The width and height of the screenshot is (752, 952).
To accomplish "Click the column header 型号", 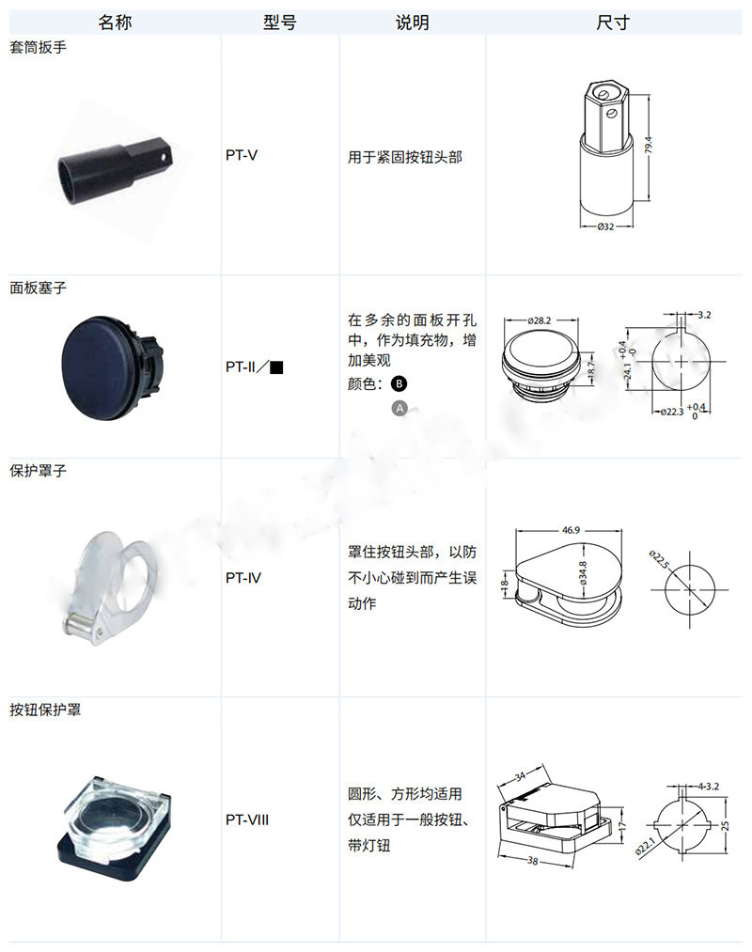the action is coord(279,23).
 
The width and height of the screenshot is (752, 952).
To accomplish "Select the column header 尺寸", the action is coord(612,23).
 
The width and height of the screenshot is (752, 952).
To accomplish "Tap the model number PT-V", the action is coord(242,155).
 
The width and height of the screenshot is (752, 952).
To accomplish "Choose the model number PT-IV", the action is coord(243,577).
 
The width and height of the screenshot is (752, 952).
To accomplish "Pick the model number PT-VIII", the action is coord(246,819).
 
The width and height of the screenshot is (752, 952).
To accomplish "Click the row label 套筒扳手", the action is coord(38,47).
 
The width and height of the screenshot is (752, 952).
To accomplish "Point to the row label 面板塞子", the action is coord(38,288).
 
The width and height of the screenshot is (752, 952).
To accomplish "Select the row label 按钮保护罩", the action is coord(45,710).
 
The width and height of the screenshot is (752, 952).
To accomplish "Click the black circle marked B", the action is coord(399,383).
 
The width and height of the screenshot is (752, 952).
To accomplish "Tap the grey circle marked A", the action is coord(399,409).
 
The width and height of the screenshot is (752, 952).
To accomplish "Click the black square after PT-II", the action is coord(276,367).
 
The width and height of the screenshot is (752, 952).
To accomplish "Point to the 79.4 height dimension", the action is coord(648,146).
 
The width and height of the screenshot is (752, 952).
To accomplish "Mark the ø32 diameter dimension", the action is coord(605,226).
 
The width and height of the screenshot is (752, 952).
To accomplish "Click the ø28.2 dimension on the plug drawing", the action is coord(539,320).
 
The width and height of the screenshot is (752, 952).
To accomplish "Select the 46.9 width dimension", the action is coord(571,530).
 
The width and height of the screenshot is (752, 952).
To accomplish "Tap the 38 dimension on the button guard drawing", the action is coord(533,860).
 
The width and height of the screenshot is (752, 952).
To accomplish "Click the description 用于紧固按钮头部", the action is coord(404,157).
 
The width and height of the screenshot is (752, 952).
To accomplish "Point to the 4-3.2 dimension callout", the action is coord(708,787).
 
